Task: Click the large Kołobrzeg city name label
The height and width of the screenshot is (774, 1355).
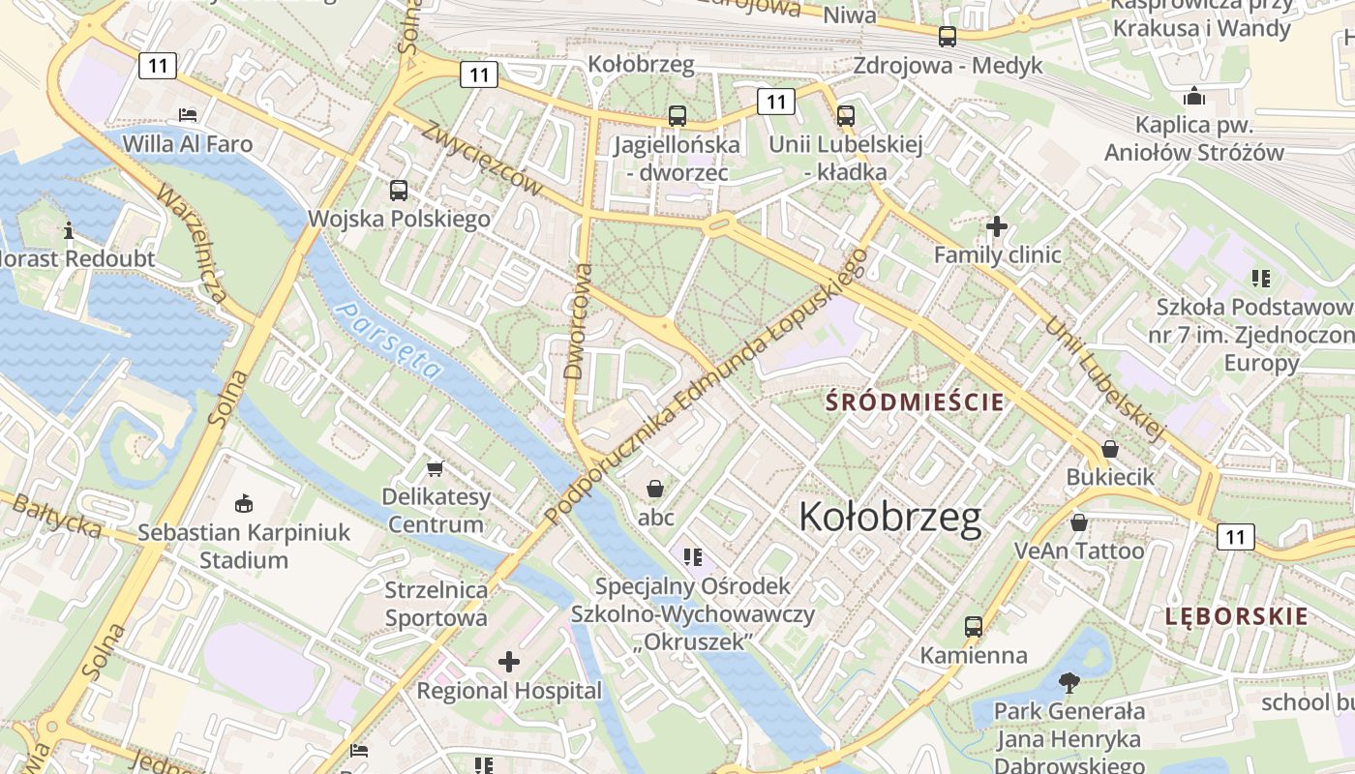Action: click(889, 518)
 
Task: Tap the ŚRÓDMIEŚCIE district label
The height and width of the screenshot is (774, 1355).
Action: click(915, 402)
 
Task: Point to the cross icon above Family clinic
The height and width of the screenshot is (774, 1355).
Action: click(997, 227)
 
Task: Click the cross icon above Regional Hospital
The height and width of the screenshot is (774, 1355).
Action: click(509, 663)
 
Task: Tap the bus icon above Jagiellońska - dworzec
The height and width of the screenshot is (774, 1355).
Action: click(677, 116)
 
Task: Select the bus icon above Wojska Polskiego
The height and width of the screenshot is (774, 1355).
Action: click(399, 191)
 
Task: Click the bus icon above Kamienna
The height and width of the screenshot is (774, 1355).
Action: click(974, 627)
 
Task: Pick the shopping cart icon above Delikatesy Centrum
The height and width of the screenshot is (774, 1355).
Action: click(435, 468)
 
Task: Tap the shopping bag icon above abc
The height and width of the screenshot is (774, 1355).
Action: click(655, 488)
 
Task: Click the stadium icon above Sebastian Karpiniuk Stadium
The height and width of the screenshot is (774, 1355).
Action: click(244, 503)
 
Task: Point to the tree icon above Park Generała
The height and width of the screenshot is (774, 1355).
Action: click(1069, 683)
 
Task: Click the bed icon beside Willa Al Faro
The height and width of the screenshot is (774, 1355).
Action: click(188, 114)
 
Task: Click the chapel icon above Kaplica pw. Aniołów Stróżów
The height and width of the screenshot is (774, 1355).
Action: click(1194, 96)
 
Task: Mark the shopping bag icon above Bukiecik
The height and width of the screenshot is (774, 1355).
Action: click(1110, 449)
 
